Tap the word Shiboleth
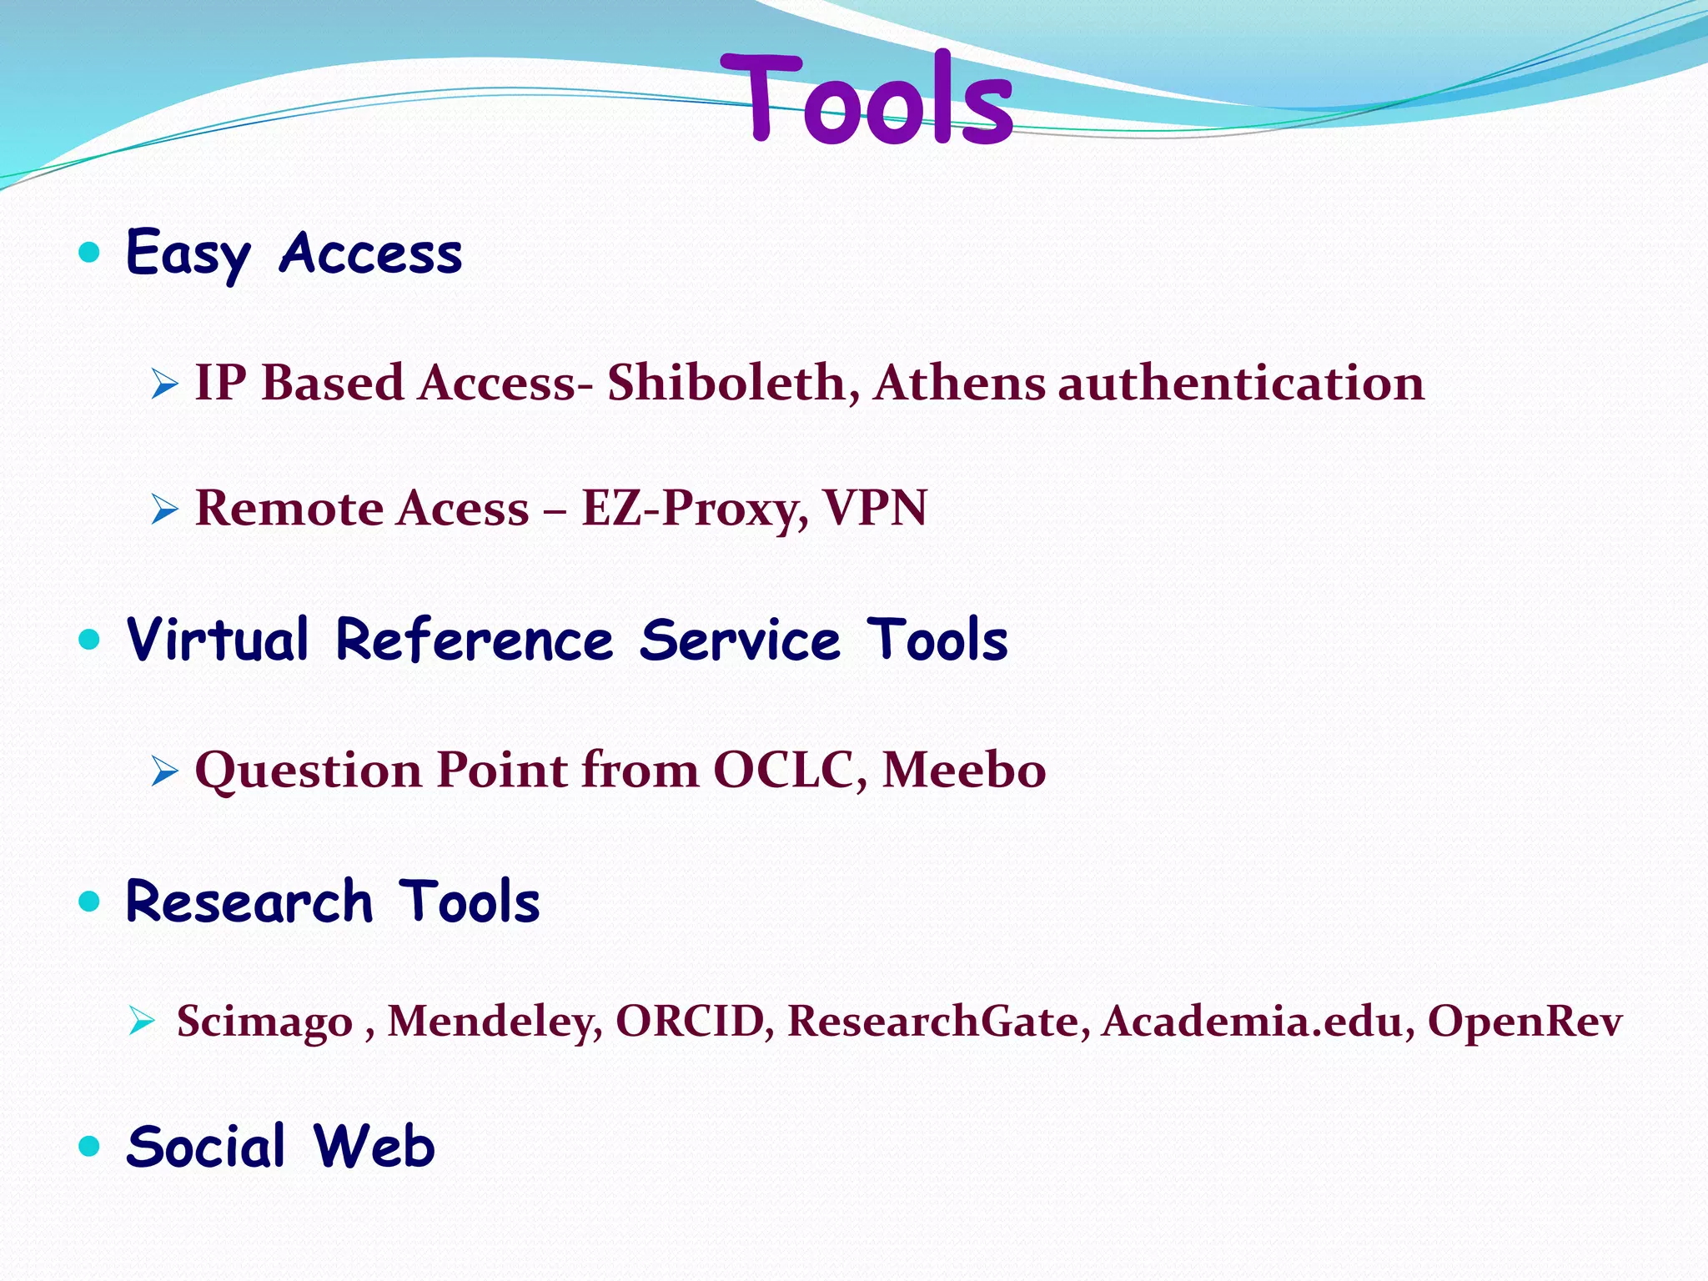(x=726, y=383)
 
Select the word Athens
(x=959, y=383)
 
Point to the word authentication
(x=1241, y=383)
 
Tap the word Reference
(x=474, y=640)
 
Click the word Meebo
(x=963, y=769)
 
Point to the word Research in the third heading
(x=249, y=902)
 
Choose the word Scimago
(x=264, y=1021)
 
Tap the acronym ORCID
(x=690, y=1021)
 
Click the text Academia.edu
(x=1254, y=1021)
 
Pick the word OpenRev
(x=1525, y=1021)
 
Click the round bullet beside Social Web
(x=89, y=1146)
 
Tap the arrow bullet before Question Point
(x=165, y=771)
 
